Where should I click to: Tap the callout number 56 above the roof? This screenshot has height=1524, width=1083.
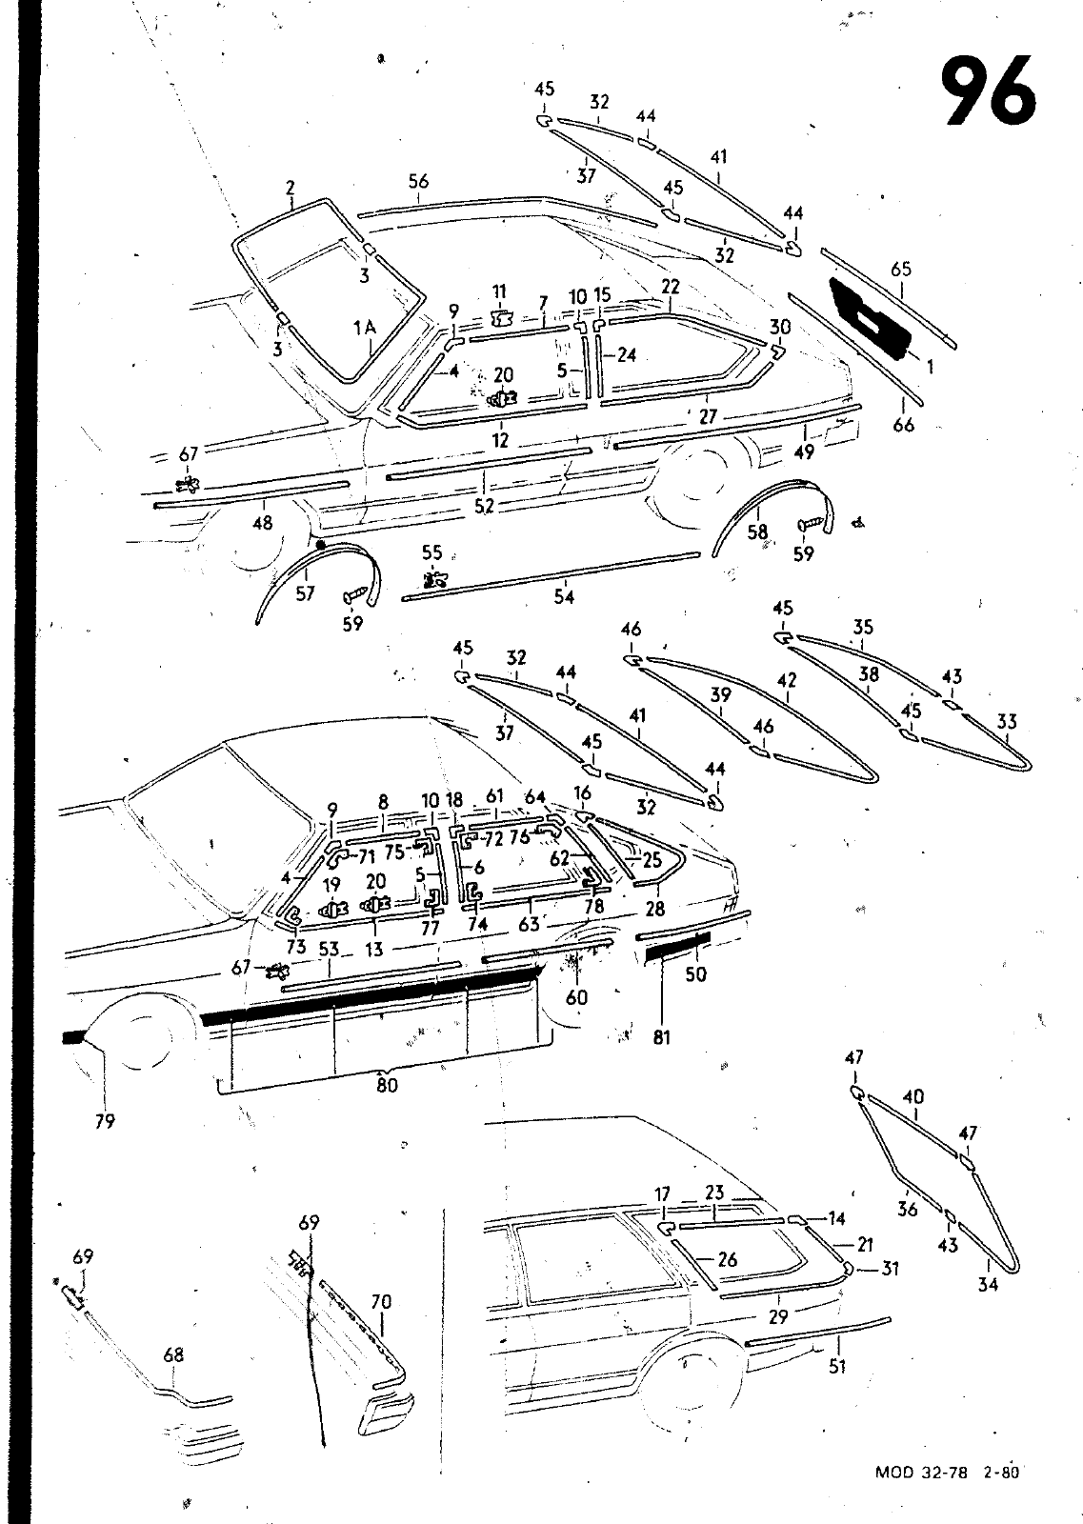click(418, 182)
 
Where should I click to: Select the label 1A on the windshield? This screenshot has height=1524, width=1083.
click(364, 329)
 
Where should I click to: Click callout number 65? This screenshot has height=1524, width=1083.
click(901, 270)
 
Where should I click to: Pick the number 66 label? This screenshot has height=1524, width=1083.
click(903, 425)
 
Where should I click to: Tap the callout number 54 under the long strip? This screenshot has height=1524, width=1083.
click(564, 597)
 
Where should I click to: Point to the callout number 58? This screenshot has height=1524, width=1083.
click(757, 532)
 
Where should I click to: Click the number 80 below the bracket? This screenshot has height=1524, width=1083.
click(386, 1084)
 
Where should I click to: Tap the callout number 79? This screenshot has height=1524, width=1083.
click(105, 1122)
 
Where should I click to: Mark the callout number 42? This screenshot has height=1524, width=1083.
click(787, 682)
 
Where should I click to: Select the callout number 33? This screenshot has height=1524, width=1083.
click(1007, 723)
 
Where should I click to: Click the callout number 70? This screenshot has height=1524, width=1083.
click(381, 1302)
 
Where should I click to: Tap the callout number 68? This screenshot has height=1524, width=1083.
click(172, 1354)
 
